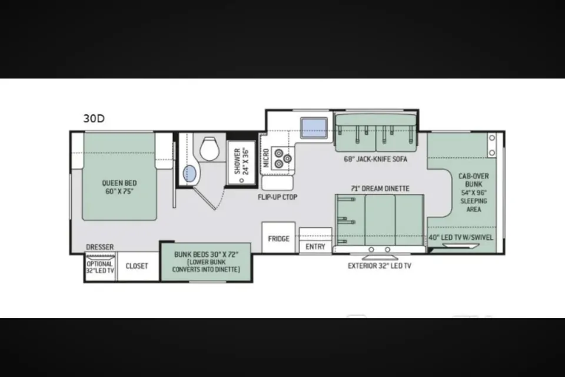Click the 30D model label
[94, 118]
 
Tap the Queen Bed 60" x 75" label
[119, 187]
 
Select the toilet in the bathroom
[210, 148]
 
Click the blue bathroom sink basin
[190, 174]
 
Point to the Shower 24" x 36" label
[241, 161]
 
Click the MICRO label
[266, 158]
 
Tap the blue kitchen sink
[314, 128]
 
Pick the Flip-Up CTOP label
[277, 197]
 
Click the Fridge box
[278, 237]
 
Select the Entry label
[315, 246]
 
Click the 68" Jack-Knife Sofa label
[375, 159]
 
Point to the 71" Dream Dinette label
[380, 188]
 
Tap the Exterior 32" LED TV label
[380, 266]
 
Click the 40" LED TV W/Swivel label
[460, 237]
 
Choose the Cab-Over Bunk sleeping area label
[473, 193]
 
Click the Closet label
[137, 266]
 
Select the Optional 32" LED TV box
[100, 267]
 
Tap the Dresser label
[100, 247]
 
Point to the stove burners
[282, 158]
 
